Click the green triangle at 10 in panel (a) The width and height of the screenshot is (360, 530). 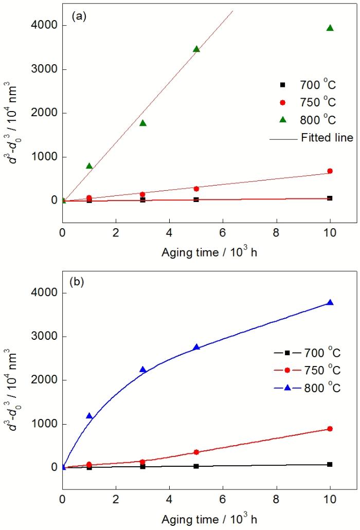click(330, 28)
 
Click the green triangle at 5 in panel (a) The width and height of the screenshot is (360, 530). click(196, 49)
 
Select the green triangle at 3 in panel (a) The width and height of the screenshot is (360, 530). click(142, 123)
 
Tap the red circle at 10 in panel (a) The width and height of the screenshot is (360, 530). click(330, 171)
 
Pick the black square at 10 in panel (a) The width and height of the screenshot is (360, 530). click(330, 198)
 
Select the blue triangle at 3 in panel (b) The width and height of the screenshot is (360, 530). click(142, 369)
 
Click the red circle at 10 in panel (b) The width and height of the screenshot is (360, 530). click(330, 429)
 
